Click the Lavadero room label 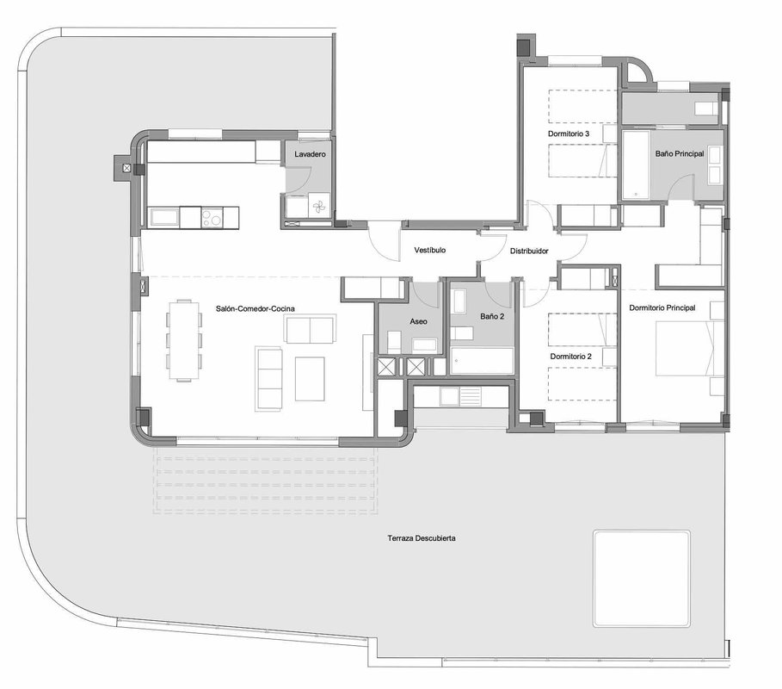click(x=310, y=154)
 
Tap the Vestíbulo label click(x=430, y=250)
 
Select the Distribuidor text click(x=529, y=251)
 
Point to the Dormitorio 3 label click(x=569, y=133)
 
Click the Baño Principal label click(x=680, y=154)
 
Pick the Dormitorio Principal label click(x=662, y=308)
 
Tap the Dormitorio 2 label click(x=571, y=357)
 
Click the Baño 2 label click(x=492, y=317)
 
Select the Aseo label click(x=418, y=321)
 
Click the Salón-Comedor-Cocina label click(x=256, y=308)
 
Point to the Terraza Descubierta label click(x=422, y=538)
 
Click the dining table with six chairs click(x=184, y=340)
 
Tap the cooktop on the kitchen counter click(x=212, y=218)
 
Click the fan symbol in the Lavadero click(x=317, y=206)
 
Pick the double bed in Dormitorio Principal click(x=689, y=349)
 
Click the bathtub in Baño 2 click(x=482, y=361)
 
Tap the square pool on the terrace click(x=642, y=579)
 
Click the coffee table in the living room click(x=310, y=379)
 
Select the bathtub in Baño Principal click(x=636, y=164)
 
